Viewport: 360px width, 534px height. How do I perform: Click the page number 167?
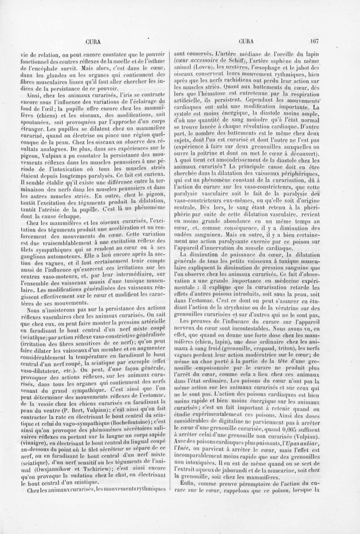(x=314, y=40)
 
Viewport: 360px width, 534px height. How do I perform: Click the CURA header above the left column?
(x=92, y=40)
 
